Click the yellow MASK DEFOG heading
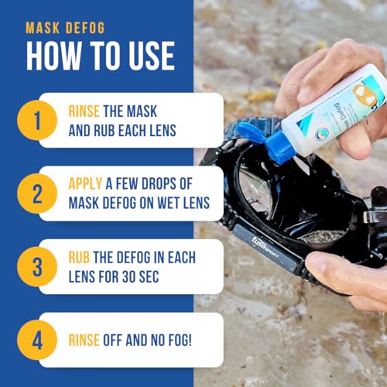pos(66,29)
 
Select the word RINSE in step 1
pos(86,110)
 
